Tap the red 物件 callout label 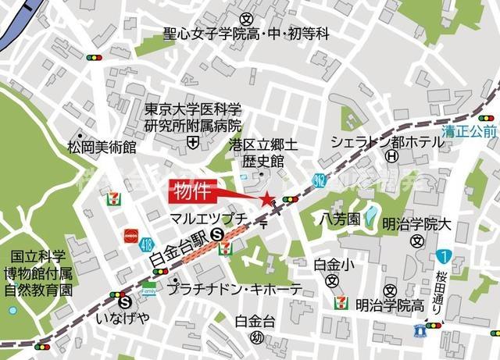pyautogui.click(x=191, y=191)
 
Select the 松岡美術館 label pyautogui.click(x=101, y=146)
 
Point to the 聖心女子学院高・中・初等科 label pyautogui.click(x=247, y=34)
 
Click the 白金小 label pyautogui.click(x=332, y=265)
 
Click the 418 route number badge pyautogui.click(x=148, y=244)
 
